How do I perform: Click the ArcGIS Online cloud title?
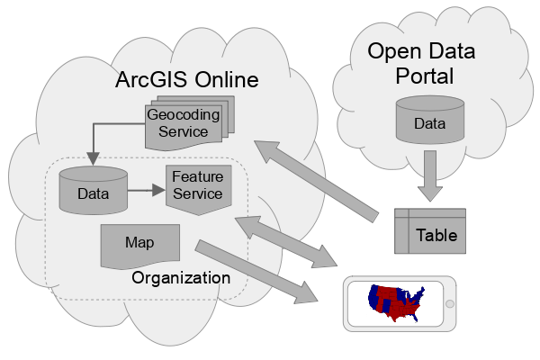187,80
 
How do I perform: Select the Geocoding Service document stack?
185,122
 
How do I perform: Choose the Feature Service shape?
197,186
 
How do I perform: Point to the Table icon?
431,230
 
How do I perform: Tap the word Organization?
181,277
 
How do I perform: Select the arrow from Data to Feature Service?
144,191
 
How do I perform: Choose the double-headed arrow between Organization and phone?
284,241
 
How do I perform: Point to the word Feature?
197,176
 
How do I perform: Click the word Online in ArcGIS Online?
228,80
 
